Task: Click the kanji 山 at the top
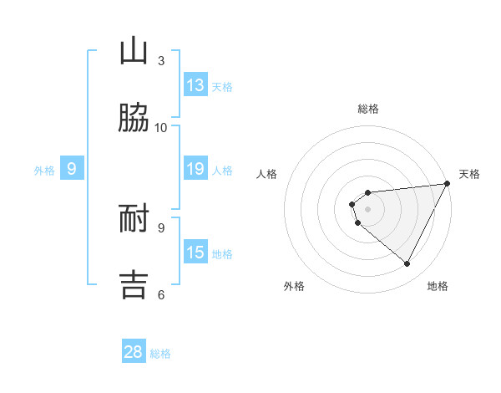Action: (x=134, y=51)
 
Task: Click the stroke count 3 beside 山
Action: (x=161, y=60)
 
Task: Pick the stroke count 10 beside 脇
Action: (x=161, y=127)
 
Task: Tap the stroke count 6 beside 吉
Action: (x=161, y=294)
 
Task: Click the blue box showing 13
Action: (x=195, y=85)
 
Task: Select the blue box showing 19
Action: (x=195, y=169)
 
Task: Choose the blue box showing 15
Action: (x=195, y=253)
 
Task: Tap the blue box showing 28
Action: (x=134, y=352)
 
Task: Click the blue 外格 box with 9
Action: (x=72, y=170)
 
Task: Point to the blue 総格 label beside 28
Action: (x=160, y=354)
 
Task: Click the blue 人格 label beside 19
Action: (x=222, y=171)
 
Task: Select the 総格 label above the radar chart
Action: (x=368, y=109)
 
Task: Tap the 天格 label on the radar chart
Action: (x=470, y=174)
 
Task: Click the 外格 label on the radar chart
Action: (x=294, y=286)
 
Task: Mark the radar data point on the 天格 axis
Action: (x=447, y=184)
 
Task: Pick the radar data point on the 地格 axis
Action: (x=407, y=263)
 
